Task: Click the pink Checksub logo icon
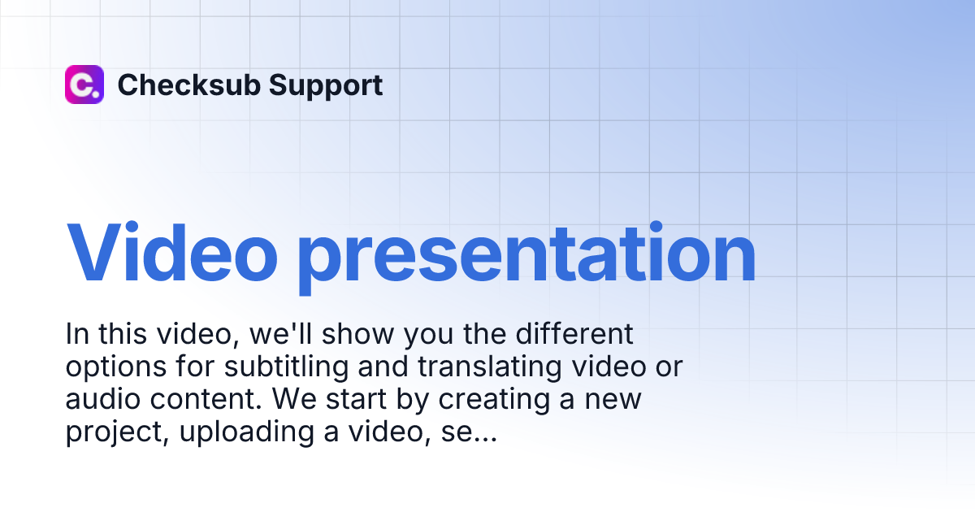point(84,85)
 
